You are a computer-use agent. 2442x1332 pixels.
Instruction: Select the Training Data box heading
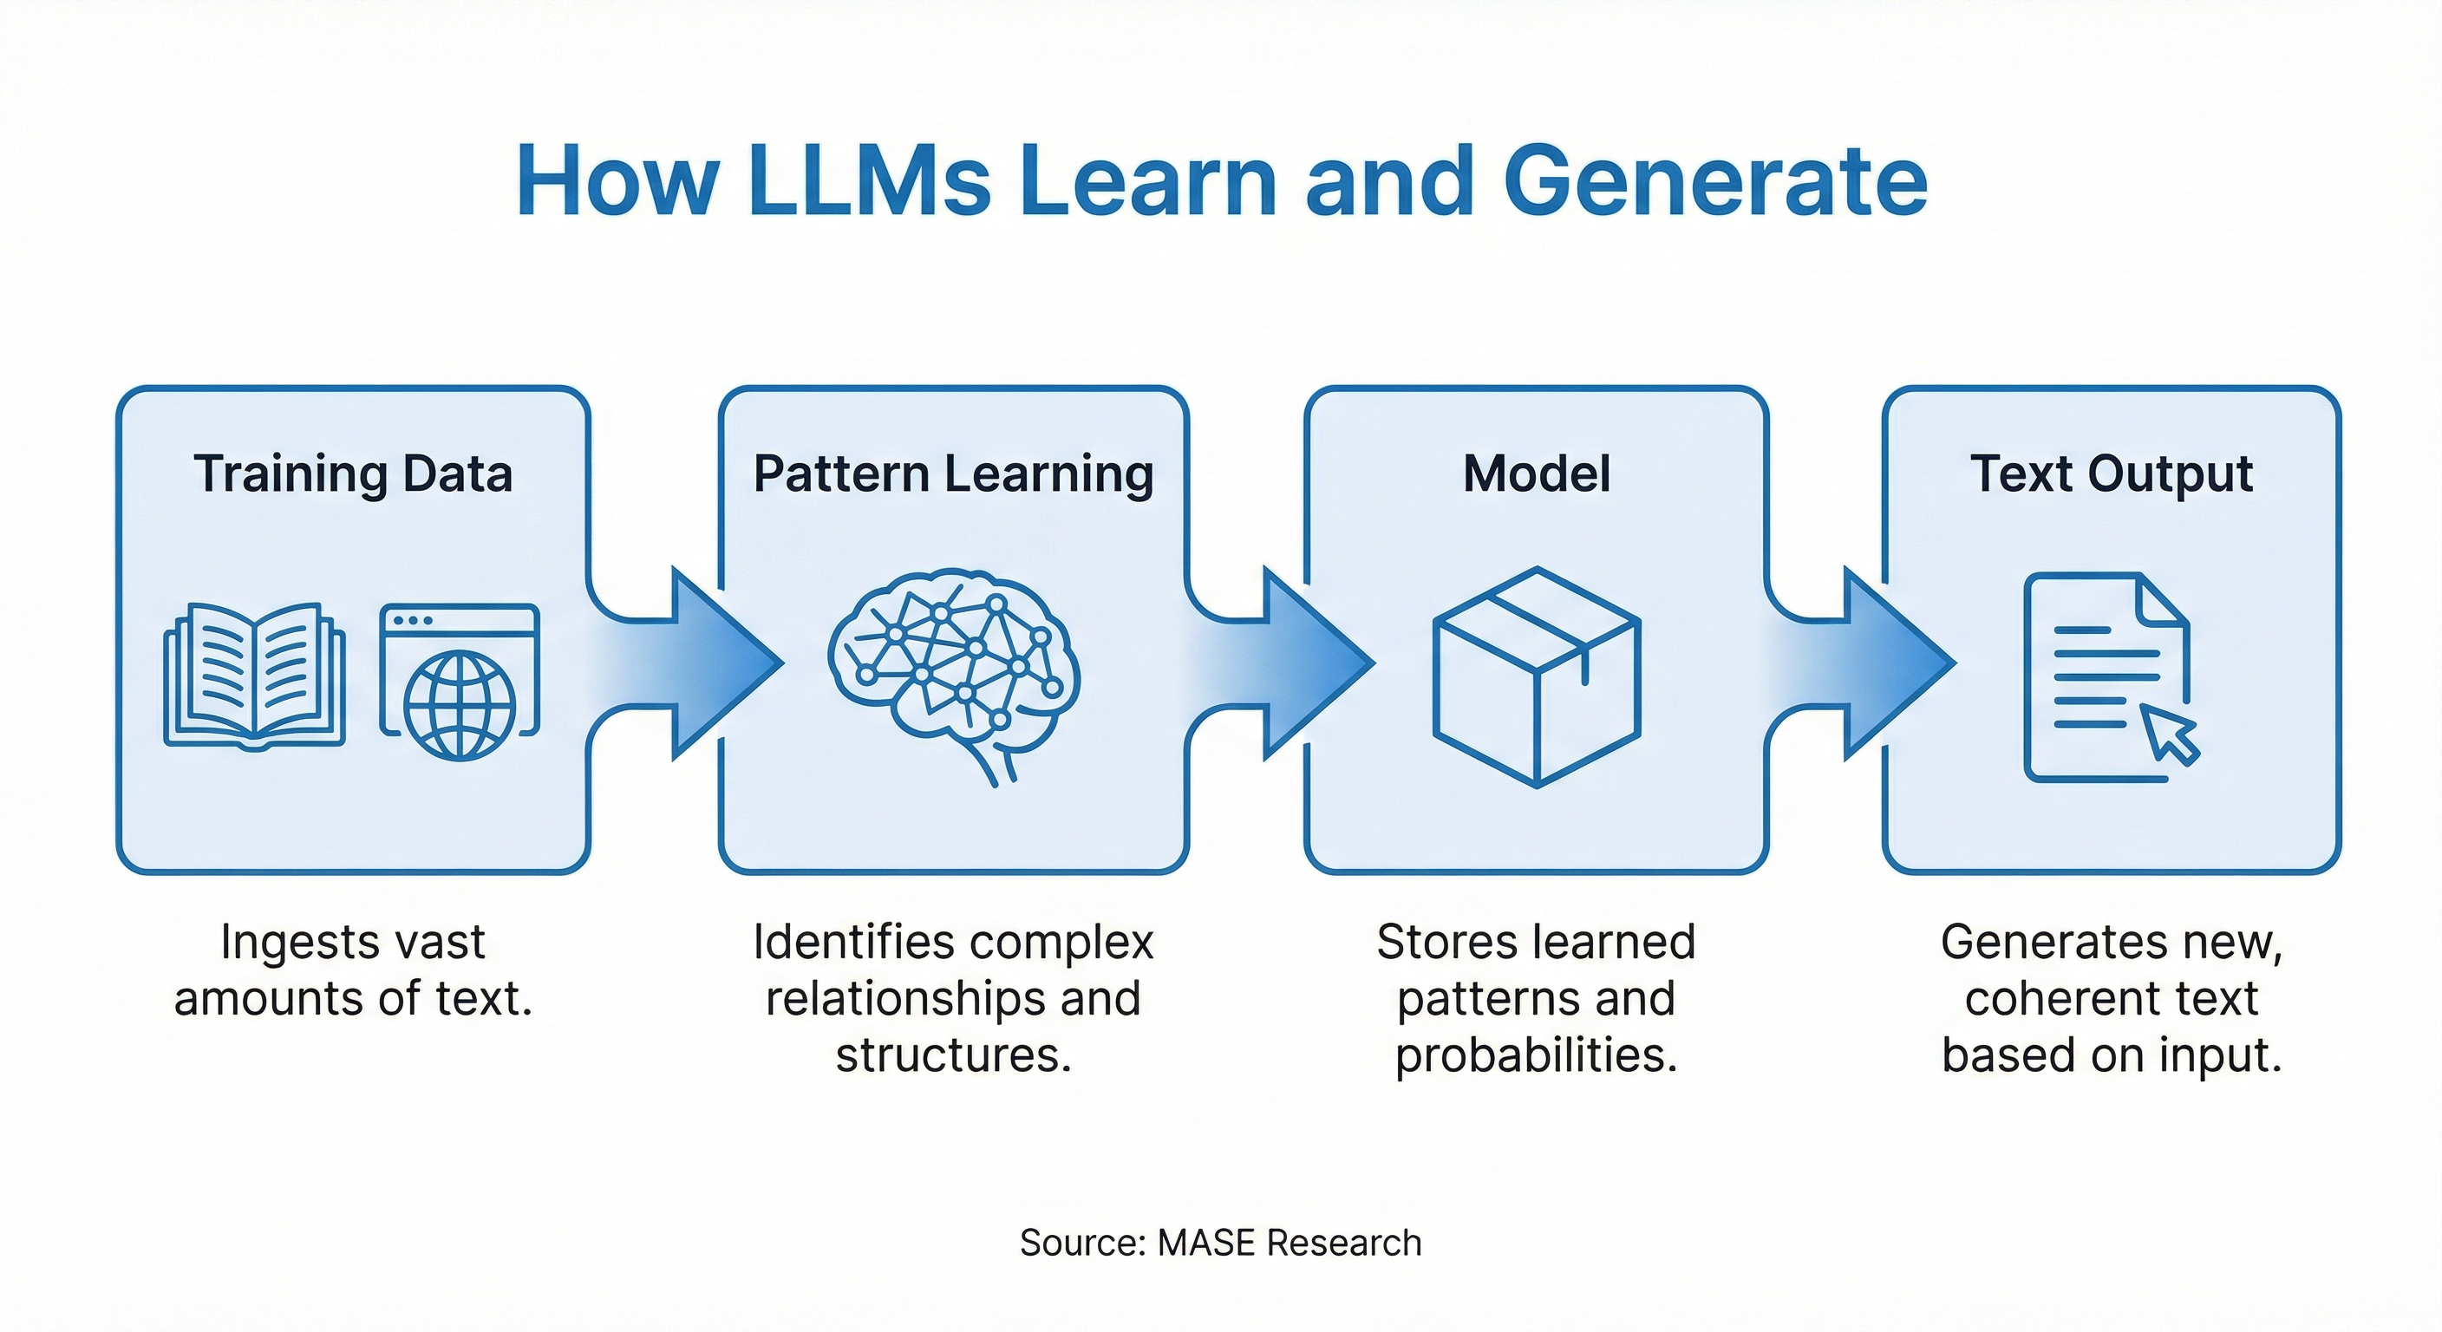click(353, 473)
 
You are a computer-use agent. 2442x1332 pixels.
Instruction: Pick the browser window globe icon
click(460, 682)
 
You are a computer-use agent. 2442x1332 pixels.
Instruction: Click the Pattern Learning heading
click(953, 473)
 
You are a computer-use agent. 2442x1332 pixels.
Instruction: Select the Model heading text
click(1536, 473)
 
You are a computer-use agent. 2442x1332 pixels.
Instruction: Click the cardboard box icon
click(1536, 677)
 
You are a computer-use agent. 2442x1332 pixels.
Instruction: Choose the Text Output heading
click(2110, 473)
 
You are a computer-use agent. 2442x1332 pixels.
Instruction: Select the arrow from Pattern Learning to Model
click(1290, 663)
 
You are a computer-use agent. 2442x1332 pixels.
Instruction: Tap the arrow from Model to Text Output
click(1868, 663)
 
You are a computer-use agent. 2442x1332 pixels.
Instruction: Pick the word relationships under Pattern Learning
click(905, 998)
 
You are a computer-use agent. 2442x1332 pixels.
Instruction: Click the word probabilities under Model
click(1536, 1055)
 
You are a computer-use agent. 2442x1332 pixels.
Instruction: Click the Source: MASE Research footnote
click(1220, 1242)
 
